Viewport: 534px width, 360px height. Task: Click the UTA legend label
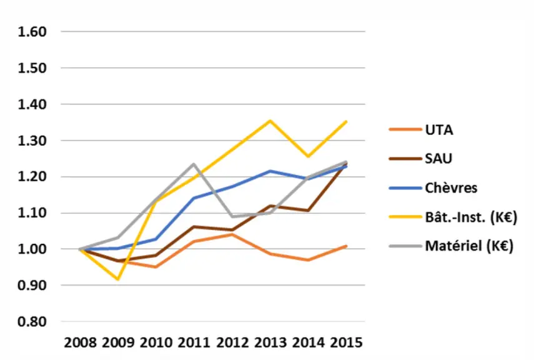click(439, 130)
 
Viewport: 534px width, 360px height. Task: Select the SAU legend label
click(438, 159)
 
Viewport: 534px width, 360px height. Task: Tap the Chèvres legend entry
click(451, 188)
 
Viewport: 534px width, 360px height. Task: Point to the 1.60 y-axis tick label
click(32, 32)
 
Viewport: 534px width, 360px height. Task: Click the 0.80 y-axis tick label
click(32, 321)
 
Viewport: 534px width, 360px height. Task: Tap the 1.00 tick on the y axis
click(32, 249)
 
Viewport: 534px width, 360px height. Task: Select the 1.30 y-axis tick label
click(32, 141)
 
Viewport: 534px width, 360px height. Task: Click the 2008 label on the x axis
click(81, 342)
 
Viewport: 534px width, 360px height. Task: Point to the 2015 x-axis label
click(347, 342)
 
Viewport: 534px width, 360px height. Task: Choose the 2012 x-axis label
click(232, 342)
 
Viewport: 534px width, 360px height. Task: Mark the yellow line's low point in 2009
click(118, 279)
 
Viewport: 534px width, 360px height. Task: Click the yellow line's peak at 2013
click(270, 121)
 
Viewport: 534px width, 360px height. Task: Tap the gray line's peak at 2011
click(194, 164)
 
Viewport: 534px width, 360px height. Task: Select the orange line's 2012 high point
click(232, 234)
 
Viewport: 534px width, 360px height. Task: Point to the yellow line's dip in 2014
click(308, 156)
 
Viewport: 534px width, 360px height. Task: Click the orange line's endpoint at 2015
click(347, 246)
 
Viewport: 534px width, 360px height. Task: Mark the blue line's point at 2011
click(194, 197)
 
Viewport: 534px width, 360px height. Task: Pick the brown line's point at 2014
click(308, 211)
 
